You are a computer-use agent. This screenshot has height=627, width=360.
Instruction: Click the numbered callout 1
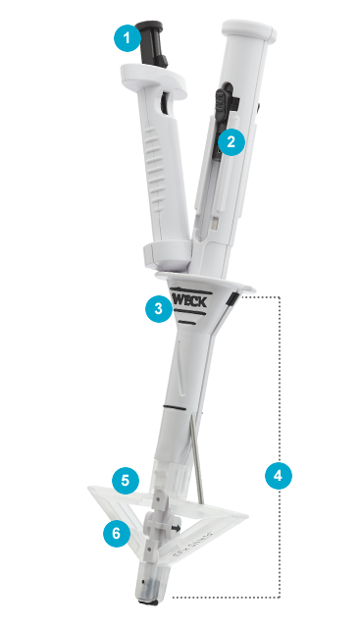[x=126, y=39]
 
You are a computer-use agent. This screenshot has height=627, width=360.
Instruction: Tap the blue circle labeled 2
[x=231, y=141]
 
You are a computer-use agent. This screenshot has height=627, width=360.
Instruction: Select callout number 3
[x=157, y=309]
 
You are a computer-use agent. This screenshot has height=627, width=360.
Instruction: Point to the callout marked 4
[x=278, y=475]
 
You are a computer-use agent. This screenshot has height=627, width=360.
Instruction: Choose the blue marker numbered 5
[x=124, y=481]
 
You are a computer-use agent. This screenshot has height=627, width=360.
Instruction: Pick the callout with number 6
[x=116, y=534]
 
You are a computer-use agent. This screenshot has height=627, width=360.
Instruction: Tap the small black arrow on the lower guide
[x=176, y=529]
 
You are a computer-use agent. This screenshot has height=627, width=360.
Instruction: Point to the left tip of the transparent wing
[x=87, y=489]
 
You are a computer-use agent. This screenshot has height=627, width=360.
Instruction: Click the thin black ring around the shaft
[x=182, y=403]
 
